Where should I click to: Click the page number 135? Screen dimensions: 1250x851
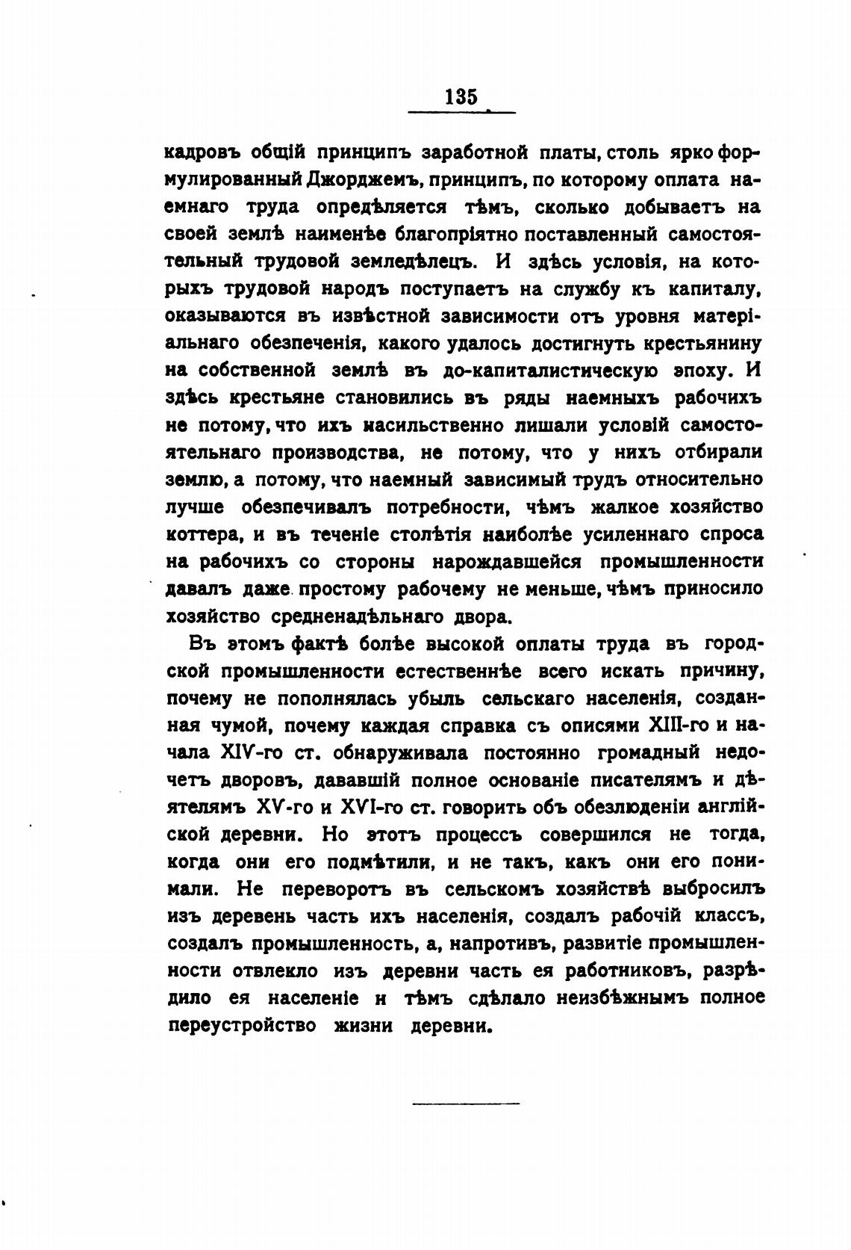pos(461,96)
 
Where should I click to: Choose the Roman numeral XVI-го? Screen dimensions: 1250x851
pos(372,808)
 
